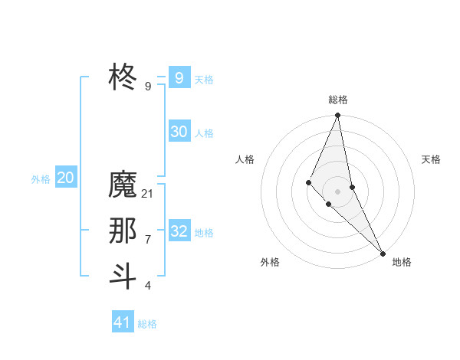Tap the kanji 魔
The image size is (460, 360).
[123, 185]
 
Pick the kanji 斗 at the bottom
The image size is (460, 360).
[123, 276]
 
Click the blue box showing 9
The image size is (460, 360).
[179, 77]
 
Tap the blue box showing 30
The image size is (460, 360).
[179, 132]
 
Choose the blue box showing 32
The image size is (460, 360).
[179, 231]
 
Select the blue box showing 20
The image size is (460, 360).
[65, 178]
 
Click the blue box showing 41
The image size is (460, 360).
[123, 322]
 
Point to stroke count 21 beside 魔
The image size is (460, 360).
[148, 194]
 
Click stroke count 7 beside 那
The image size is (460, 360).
[148, 240]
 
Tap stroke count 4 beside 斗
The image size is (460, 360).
[148, 286]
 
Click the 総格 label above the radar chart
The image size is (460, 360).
[338, 100]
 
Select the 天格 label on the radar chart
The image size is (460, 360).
[432, 159]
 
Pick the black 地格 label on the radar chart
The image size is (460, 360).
[402, 262]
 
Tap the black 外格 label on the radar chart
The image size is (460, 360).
[270, 262]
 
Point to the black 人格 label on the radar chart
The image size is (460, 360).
[245, 159]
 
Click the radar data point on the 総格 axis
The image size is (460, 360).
[338, 116]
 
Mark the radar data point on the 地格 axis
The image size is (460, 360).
[383, 253]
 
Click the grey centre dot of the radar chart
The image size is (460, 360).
[338, 191]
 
